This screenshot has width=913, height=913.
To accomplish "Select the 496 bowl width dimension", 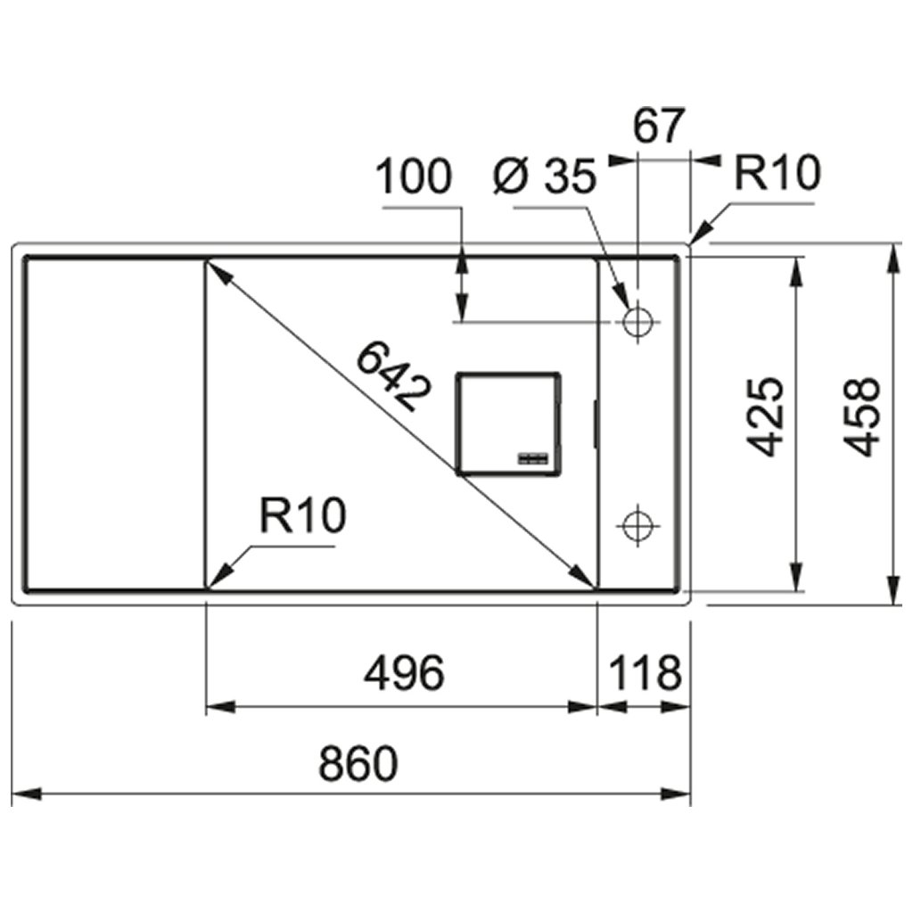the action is (403, 673).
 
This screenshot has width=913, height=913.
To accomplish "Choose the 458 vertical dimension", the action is (862, 416).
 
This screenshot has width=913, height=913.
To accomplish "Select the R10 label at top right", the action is (776, 174).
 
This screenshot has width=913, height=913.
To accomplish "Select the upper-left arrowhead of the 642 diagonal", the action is (218, 270).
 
